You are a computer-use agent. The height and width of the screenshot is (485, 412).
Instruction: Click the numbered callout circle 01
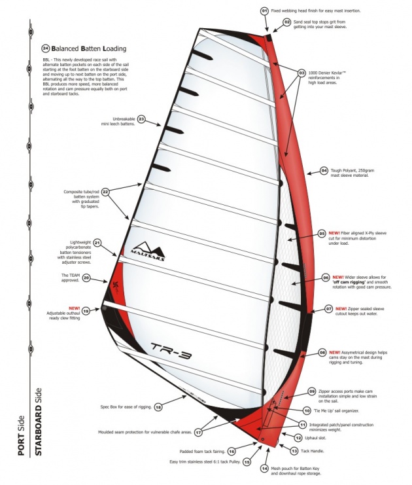(264, 11)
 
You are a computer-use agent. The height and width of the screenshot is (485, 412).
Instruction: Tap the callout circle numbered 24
(45, 48)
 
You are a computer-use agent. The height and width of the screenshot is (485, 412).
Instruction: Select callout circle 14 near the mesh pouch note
(264, 468)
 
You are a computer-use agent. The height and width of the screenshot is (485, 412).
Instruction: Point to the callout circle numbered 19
(86, 312)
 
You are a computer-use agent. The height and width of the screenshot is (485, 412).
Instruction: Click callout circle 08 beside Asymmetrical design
(322, 352)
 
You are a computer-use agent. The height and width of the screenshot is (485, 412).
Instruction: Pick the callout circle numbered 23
(141, 120)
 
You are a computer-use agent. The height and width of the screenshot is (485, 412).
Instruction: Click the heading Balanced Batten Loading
(89, 48)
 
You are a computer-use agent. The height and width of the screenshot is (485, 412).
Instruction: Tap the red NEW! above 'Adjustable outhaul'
(73, 307)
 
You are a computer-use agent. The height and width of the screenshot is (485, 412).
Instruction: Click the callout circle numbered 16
(232, 452)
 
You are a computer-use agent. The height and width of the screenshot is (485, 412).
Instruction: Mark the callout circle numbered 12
(298, 438)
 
